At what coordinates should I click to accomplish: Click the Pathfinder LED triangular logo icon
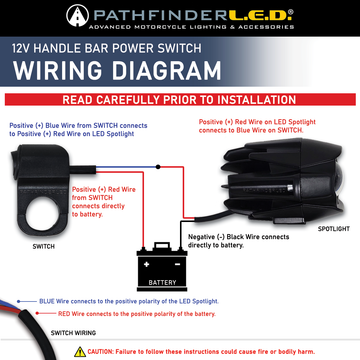click(77, 16)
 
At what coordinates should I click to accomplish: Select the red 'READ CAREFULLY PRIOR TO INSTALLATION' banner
click(180, 100)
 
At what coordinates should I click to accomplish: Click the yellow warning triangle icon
click(80, 352)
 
